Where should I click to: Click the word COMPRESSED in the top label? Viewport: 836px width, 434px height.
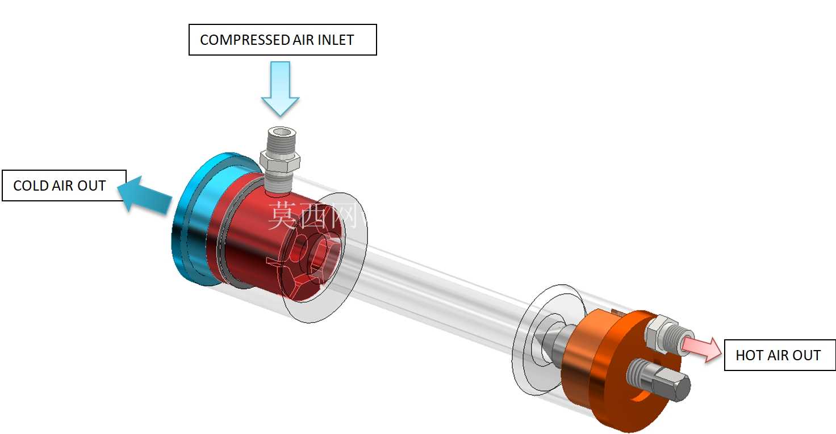245,40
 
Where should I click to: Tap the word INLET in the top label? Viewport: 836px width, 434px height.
336,40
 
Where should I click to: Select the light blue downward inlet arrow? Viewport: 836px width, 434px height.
281,89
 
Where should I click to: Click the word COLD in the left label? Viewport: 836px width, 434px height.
31,186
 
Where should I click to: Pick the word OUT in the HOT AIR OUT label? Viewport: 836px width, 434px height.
806,355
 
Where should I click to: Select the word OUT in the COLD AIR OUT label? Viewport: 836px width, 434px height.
91,186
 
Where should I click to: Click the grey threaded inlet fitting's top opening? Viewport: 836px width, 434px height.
282,132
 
